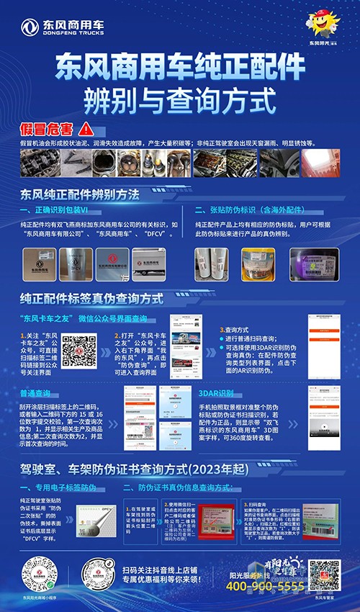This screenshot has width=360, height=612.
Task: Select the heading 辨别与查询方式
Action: click(179, 95)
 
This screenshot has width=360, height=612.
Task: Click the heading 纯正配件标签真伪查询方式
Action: click(92, 297)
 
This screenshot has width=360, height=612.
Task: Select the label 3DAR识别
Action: click(214, 394)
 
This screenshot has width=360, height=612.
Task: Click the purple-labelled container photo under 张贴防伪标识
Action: click(312, 264)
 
